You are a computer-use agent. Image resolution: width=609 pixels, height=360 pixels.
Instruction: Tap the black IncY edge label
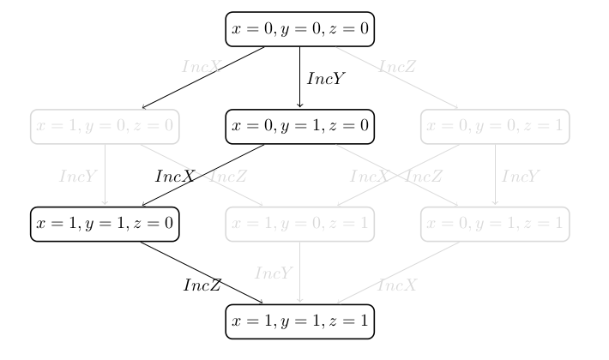pyautogui.click(x=326, y=77)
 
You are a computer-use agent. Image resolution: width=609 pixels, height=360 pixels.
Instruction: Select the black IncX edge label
pyautogui.click(x=175, y=176)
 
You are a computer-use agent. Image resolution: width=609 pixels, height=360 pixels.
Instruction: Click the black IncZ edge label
pyautogui.click(x=202, y=285)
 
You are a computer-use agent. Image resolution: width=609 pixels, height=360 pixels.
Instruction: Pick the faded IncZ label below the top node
pyautogui.click(x=398, y=65)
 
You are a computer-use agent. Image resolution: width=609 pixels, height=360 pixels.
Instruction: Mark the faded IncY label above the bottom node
pyautogui.click(x=274, y=273)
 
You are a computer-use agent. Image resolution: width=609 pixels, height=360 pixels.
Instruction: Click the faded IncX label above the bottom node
pyautogui.click(x=396, y=285)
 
